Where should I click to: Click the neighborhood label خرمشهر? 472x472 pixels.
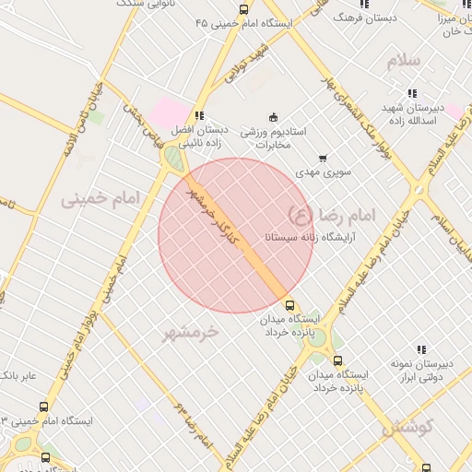click(193, 331)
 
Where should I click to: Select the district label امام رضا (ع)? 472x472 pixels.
click(333, 215)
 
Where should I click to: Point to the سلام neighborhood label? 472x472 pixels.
click(403, 61)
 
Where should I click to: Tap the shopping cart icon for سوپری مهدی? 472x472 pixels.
click(322, 159)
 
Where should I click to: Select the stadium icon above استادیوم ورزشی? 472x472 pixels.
click(272, 117)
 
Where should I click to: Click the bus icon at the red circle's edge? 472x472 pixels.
click(290, 305)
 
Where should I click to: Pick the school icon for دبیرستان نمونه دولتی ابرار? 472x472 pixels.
click(421, 349)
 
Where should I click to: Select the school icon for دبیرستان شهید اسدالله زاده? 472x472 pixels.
click(410, 93)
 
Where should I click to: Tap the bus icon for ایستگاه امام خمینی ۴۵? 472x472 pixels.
click(243, 9)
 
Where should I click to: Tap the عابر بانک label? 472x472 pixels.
click(18, 376)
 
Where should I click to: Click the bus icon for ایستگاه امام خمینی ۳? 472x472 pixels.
click(44, 407)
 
